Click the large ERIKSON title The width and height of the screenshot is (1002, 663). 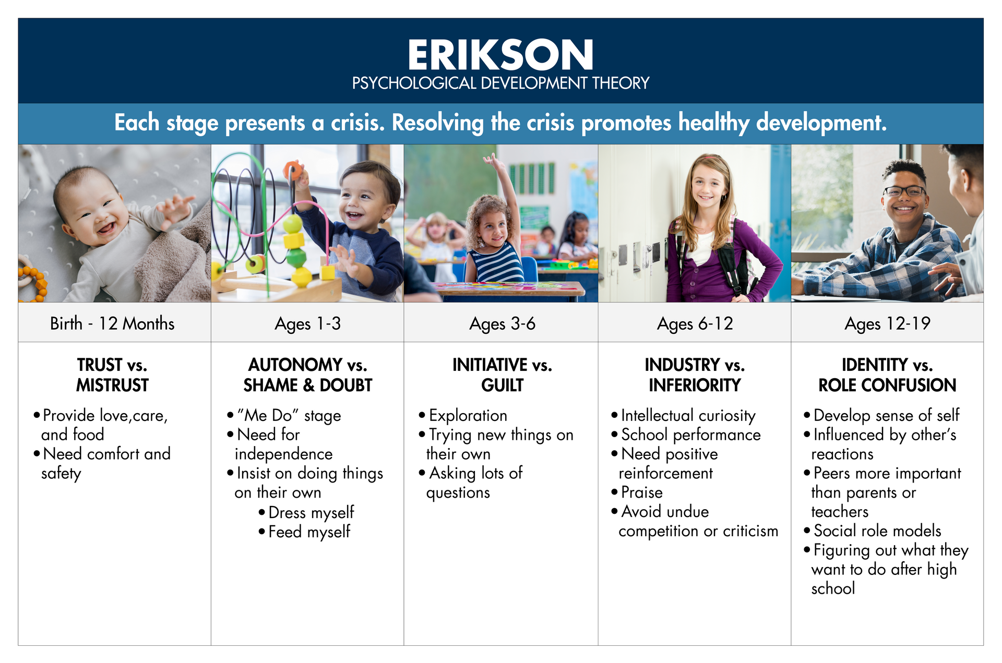click(x=500, y=55)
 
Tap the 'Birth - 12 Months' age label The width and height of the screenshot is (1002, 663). click(x=112, y=323)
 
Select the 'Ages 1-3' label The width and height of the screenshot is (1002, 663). click(x=307, y=324)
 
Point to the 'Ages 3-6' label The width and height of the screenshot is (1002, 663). click(x=502, y=324)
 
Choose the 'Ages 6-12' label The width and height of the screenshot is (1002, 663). click(x=695, y=324)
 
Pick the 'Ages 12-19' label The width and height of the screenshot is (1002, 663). click(x=887, y=324)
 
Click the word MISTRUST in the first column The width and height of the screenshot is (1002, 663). click(x=112, y=385)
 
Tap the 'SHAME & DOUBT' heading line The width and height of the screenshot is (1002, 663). click(x=307, y=385)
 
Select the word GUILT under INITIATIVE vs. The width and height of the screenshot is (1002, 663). click(x=502, y=385)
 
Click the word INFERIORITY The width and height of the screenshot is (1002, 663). click(x=695, y=385)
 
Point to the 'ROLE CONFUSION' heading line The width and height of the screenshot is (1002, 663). click(x=887, y=385)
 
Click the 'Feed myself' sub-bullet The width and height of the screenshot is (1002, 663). click(x=305, y=532)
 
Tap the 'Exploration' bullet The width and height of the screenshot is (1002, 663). click(x=463, y=416)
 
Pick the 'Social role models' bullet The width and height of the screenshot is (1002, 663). click(x=873, y=531)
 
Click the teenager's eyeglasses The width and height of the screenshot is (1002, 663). click(x=904, y=191)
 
